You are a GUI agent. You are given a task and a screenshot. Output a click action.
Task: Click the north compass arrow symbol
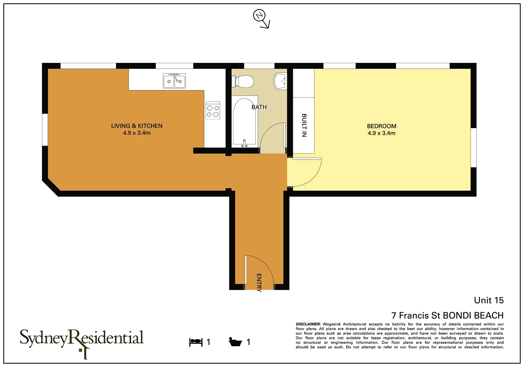pos(261,19)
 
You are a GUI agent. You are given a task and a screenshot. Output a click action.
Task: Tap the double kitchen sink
pos(174,81)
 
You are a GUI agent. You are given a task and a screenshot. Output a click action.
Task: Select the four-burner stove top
pos(213,110)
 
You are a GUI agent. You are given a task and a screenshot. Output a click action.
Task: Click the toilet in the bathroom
pos(243,82)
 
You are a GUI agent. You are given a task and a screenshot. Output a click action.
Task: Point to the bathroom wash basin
pos(280,81)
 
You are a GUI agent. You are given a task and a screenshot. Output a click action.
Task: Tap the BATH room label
pos(259,107)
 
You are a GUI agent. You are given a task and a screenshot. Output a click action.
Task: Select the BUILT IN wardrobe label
pos(304,125)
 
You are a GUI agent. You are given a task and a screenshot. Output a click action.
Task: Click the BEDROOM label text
pos(381,126)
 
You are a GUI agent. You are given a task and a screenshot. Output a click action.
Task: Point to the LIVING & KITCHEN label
pos(137,126)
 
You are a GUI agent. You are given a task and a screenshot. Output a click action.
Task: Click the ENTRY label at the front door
pos(259,282)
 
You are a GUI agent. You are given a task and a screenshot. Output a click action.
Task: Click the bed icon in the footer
pos(196,342)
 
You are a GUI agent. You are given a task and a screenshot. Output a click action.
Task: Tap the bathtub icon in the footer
pos(235,342)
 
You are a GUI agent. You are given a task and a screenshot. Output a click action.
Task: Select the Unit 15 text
pos(488,300)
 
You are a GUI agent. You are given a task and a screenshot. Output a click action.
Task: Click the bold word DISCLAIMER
pos(308,324)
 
